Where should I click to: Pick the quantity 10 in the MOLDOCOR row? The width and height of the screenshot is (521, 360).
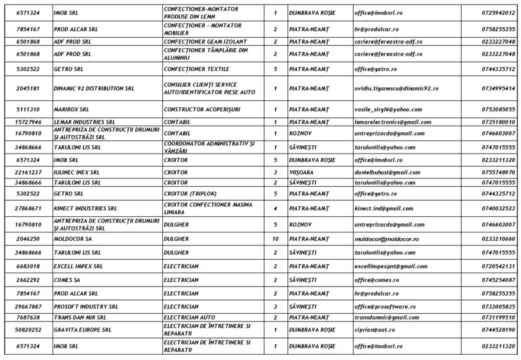275,240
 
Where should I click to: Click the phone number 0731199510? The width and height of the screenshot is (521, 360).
496,317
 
